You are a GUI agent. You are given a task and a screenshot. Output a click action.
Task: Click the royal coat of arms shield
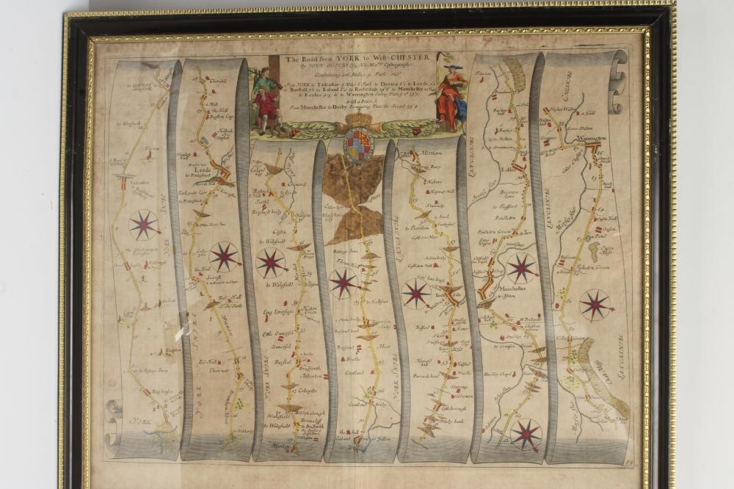click(358, 142)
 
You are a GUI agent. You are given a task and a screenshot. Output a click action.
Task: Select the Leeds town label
click(204, 167)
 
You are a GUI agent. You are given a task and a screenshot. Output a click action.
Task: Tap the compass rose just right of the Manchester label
click(522, 268)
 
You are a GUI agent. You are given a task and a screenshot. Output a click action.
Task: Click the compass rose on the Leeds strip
click(224, 256)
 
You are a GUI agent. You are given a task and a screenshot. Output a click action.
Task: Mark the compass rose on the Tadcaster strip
click(144, 225)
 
